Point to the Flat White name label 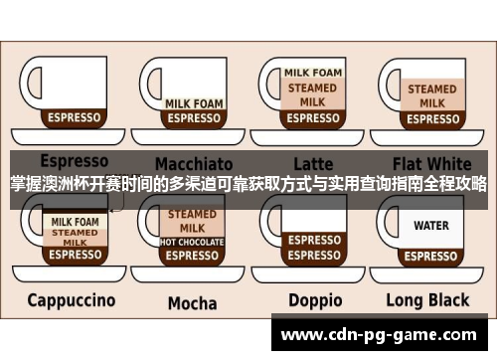point(432,162)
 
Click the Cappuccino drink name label point(72,299)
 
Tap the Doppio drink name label point(314,300)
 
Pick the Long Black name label point(432,299)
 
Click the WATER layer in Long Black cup point(431,226)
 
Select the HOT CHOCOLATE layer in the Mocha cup point(192,242)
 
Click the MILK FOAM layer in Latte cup point(312,73)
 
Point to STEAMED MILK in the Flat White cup point(431,95)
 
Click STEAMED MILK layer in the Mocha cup point(192,221)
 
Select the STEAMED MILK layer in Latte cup point(312,94)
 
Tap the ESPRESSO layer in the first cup point(74,117)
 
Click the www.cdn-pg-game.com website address point(381,333)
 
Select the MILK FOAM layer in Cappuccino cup point(74,221)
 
